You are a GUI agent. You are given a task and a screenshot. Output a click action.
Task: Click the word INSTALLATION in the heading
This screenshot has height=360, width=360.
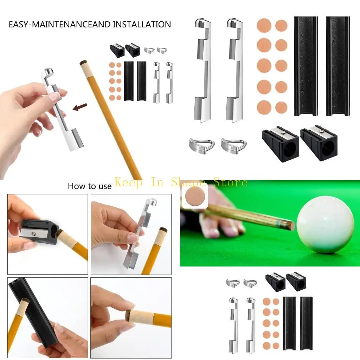[142, 25]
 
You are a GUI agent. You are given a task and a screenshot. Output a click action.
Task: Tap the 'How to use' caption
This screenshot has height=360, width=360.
[89, 186]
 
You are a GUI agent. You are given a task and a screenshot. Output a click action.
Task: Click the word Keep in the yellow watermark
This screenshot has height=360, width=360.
[129, 182]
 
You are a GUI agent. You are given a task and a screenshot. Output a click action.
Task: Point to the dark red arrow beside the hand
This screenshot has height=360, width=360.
[80, 107]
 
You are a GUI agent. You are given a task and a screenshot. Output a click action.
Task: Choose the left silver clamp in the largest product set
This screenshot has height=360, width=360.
[202, 70]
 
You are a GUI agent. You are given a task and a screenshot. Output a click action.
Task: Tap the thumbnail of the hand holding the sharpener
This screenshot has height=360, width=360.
[47, 234]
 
